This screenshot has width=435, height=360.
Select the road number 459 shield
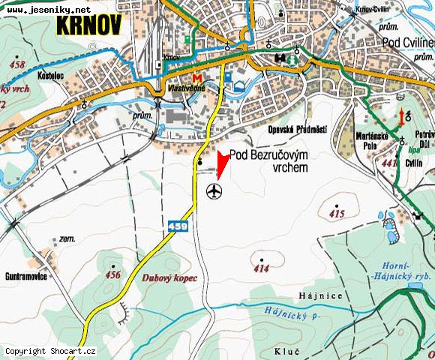[x=177, y=225]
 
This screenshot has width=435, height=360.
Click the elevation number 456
[x=112, y=274]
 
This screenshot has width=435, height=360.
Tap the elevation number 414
[x=262, y=268]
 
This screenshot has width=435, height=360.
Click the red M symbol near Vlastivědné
[x=196, y=79]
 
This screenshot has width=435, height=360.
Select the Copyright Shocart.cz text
[x=50, y=351]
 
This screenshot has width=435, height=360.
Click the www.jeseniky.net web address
[x=49, y=9]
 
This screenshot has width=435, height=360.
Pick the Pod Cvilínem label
[x=407, y=43]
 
